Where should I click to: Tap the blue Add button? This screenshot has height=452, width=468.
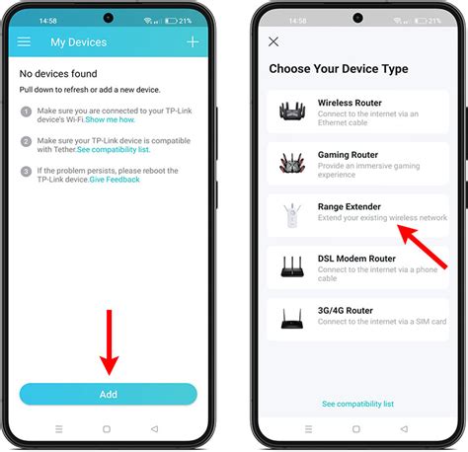pyautogui.click(x=108, y=394)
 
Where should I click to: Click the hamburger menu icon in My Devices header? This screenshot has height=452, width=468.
pyautogui.click(x=25, y=42)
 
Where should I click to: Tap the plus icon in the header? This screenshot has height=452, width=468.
pyautogui.click(x=193, y=41)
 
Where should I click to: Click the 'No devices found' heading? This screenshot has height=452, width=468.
pyautogui.click(x=59, y=74)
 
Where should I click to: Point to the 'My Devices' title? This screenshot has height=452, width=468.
pyautogui.click(x=78, y=42)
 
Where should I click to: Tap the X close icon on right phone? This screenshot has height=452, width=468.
pyautogui.click(x=273, y=41)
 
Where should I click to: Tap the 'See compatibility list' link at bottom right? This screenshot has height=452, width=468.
pyautogui.click(x=357, y=404)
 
